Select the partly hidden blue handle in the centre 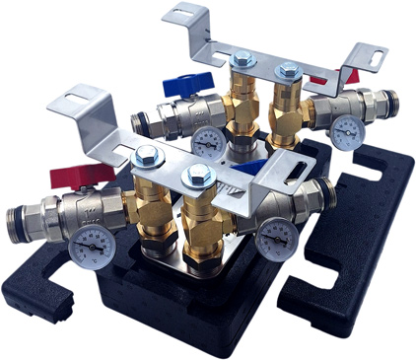click(x=253, y=169)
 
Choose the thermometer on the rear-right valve click(x=345, y=132)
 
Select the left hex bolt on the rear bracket click(x=241, y=60)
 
